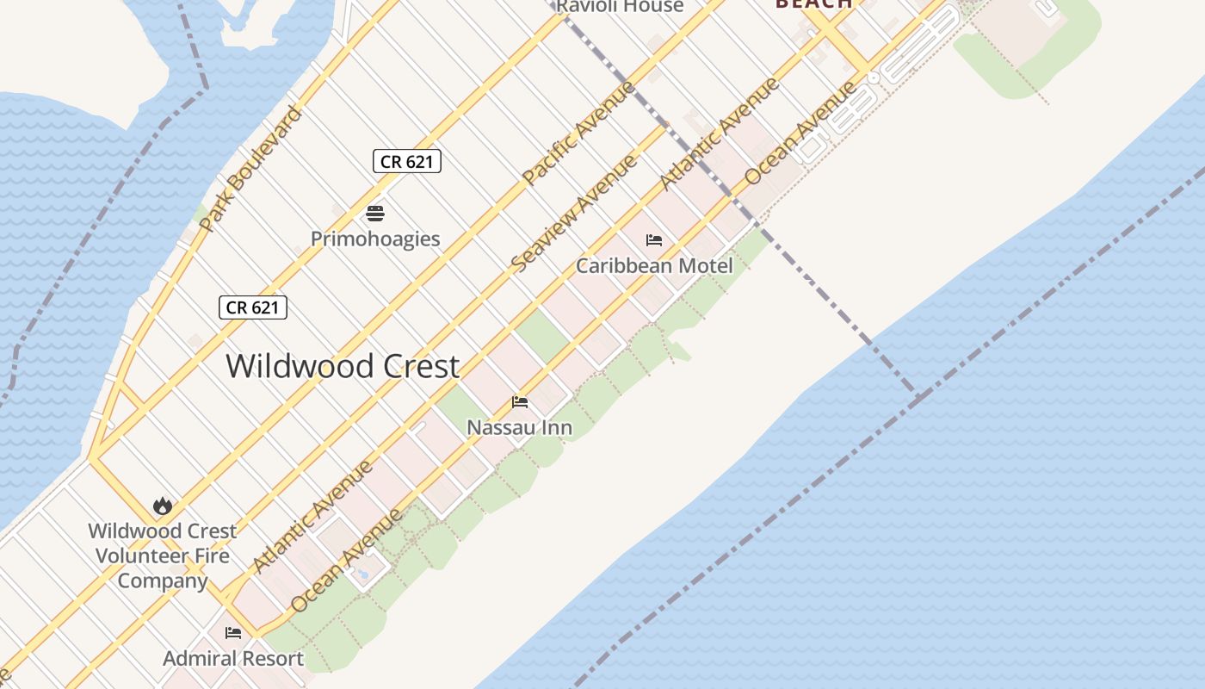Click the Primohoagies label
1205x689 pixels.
[x=375, y=239]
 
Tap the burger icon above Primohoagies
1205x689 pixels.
[x=375, y=213]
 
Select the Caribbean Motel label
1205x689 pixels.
[x=654, y=265]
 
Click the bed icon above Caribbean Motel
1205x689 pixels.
[x=654, y=240]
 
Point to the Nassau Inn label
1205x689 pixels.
[x=519, y=426]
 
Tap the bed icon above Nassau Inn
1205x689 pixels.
[x=520, y=402]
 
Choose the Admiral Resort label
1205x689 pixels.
[x=233, y=659]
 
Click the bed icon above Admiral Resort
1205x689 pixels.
[x=233, y=633]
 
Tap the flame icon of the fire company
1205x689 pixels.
[x=162, y=506]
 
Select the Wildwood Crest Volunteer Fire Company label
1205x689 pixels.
[x=162, y=556]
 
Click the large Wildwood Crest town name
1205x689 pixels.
[x=343, y=366]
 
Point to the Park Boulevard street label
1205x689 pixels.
[x=250, y=169]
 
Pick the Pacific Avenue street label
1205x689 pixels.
[x=579, y=132]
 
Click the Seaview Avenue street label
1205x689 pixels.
[x=574, y=213]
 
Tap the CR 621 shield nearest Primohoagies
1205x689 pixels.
[x=407, y=161]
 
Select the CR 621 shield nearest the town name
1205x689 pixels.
[x=252, y=307]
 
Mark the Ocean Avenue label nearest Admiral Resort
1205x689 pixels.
[x=346, y=561]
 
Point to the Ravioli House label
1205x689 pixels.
[x=620, y=7]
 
